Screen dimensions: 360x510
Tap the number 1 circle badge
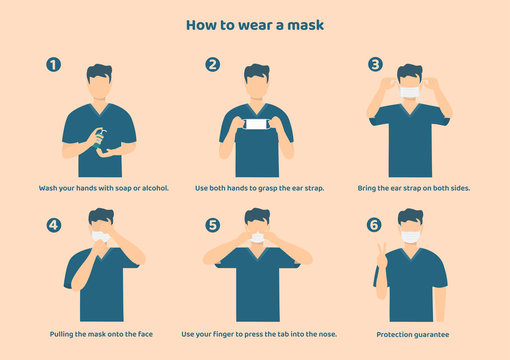tap(54, 65)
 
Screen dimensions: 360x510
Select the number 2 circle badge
tap(212, 65)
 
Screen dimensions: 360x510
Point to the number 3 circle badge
tap(375, 65)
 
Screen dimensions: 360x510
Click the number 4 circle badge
tap(54, 225)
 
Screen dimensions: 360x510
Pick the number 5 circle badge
tap(212, 225)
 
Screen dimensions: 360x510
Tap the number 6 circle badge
tap(375, 225)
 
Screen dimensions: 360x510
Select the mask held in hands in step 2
tap(257, 125)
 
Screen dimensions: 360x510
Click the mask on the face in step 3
tap(409, 93)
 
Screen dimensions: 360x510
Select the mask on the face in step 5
tap(258, 238)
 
